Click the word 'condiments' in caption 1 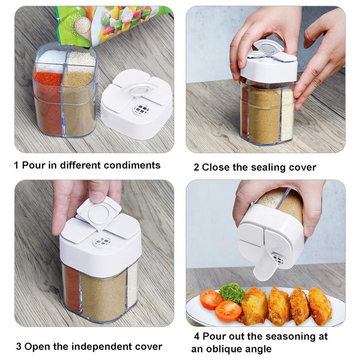[x=132, y=165]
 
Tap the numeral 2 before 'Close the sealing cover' [x=196, y=167]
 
